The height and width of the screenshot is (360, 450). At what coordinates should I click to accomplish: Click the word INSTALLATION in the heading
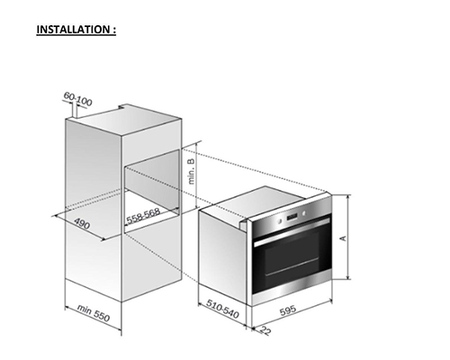click(73, 30)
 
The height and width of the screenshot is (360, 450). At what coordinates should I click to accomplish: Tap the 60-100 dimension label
click(77, 99)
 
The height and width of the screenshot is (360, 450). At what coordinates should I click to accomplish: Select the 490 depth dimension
click(82, 223)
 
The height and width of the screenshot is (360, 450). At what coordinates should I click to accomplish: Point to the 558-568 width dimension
click(143, 216)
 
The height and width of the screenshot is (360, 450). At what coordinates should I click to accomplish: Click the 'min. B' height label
click(192, 171)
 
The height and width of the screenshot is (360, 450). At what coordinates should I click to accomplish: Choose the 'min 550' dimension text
click(94, 313)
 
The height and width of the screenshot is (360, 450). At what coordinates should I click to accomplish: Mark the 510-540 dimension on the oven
click(222, 309)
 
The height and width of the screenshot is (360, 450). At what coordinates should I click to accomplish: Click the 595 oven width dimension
click(288, 310)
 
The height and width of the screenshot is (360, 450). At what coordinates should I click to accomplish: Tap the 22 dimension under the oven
click(265, 329)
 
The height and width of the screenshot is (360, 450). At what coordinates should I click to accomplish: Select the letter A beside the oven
click(343, 238)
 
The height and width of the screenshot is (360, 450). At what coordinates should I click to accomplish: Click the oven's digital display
click(292, 217)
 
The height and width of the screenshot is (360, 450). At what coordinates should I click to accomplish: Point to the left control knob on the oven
click(280, 221)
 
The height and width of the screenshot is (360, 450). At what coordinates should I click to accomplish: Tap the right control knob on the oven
click(304, 213)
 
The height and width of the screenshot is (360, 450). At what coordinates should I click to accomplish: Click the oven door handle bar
click(292, 232)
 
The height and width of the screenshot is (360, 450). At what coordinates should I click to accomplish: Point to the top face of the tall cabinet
click(124, 120)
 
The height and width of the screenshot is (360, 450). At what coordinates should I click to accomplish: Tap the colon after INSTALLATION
click(114, 30)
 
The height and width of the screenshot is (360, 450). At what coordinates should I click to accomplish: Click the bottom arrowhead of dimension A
click(348, 276)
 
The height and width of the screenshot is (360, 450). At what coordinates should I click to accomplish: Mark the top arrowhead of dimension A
click(348, 197)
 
